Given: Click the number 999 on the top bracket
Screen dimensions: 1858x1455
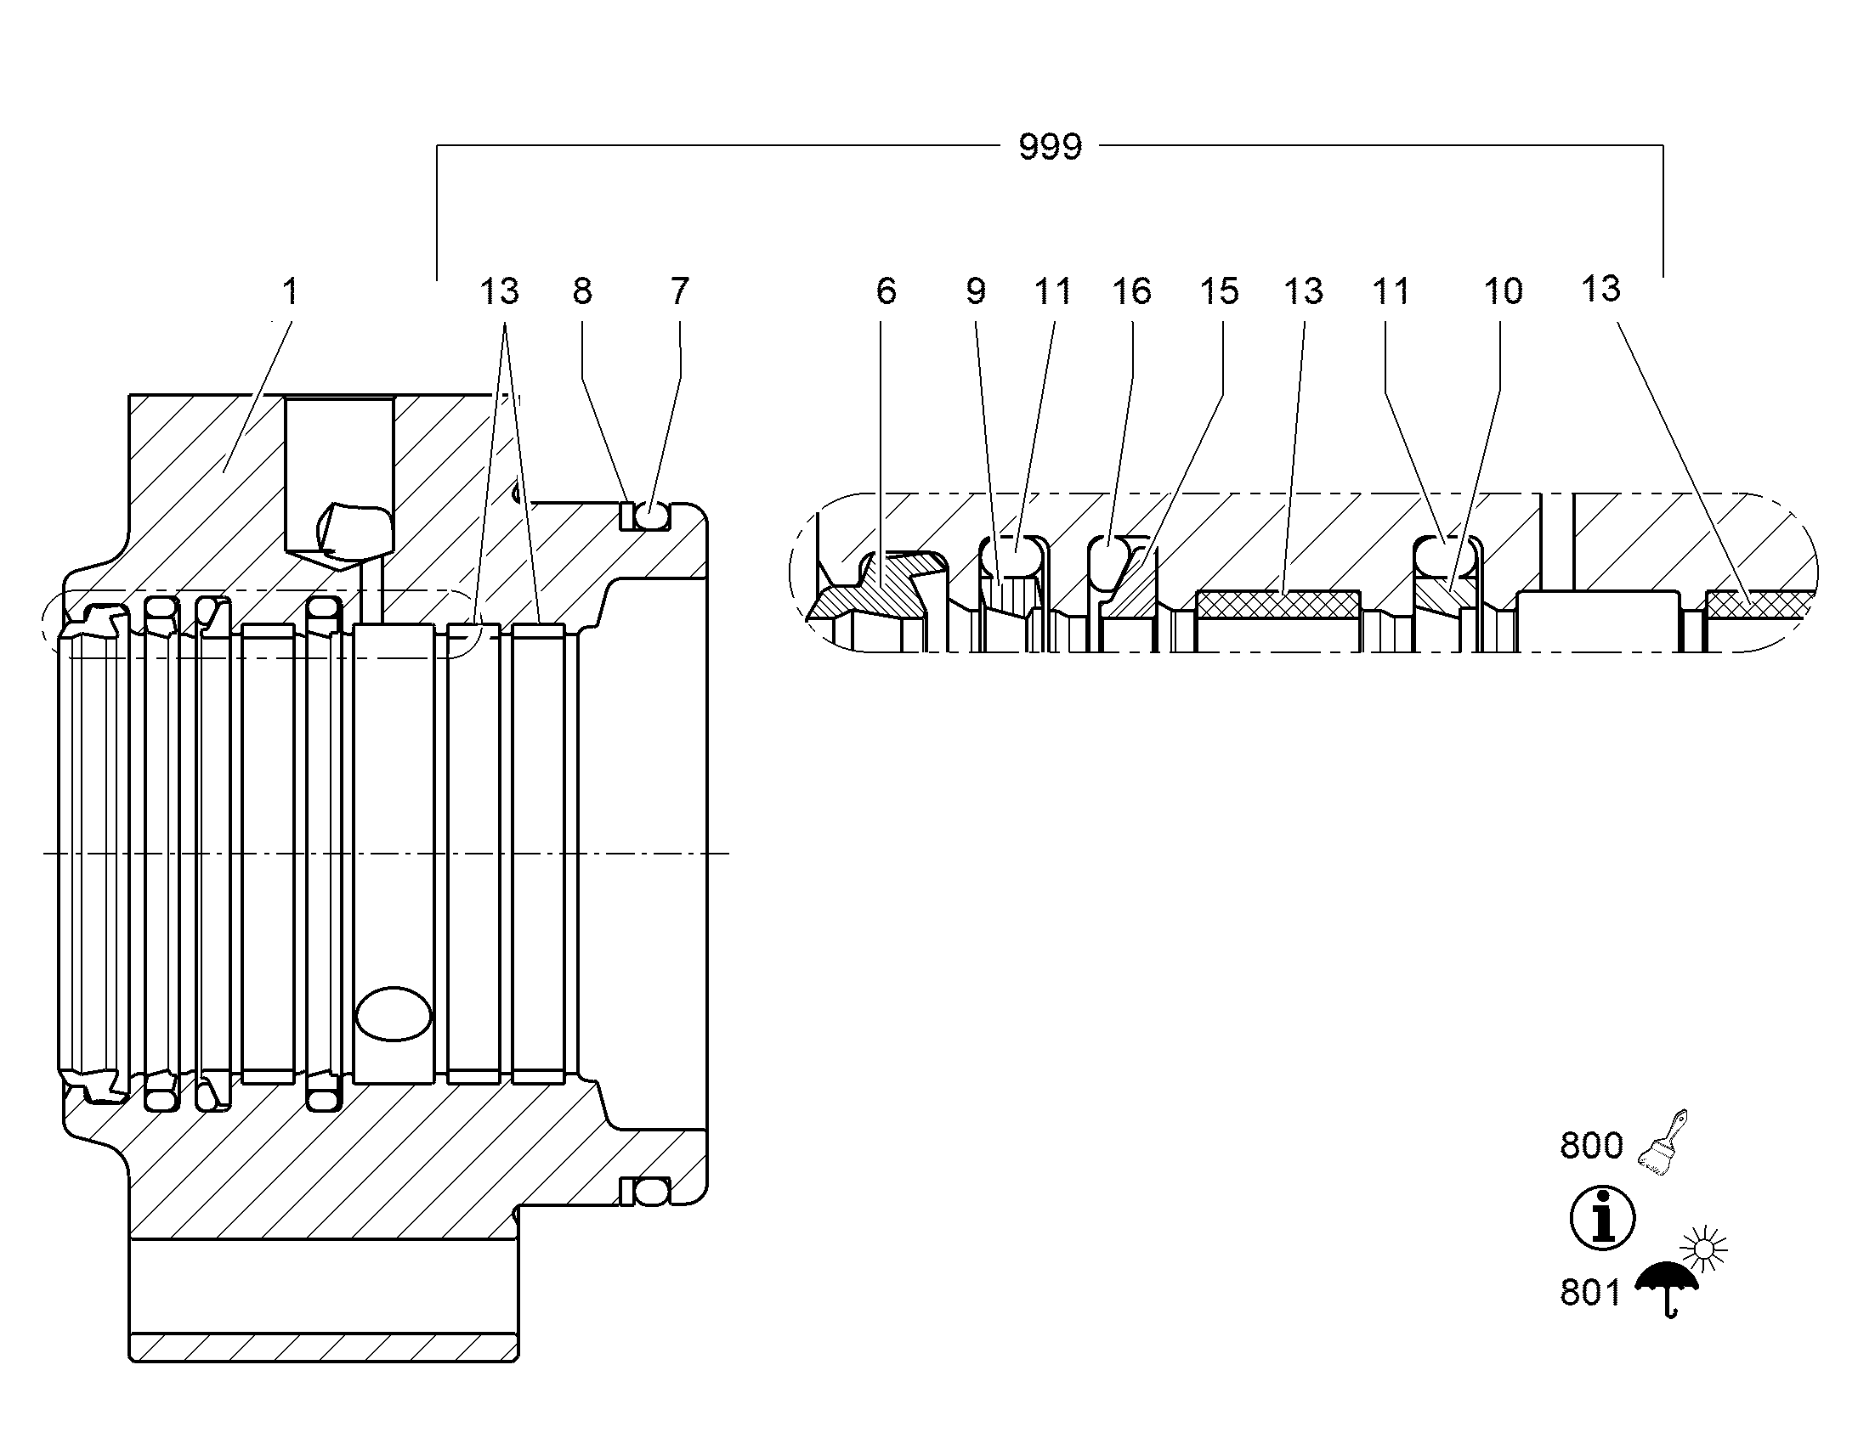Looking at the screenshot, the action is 1050,148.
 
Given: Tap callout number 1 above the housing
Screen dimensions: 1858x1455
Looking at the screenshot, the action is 290,291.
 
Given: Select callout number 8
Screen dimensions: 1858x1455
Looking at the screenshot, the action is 582,291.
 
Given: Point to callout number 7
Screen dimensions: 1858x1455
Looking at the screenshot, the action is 679,291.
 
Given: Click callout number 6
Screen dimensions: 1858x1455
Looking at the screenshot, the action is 887,291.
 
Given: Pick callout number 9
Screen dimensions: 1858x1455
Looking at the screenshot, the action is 977,291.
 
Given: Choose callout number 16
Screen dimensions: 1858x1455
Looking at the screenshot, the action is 1132,291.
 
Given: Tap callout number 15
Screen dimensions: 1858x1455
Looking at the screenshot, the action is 1219,291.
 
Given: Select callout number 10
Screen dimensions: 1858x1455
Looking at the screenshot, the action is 1504,291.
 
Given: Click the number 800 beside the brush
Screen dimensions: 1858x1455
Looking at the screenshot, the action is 1591,1146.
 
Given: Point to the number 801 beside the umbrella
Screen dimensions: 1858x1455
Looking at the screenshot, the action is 1590,1292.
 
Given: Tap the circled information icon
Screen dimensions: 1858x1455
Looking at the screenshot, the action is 1602,1218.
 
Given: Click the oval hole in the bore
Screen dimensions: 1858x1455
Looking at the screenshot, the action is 393,1013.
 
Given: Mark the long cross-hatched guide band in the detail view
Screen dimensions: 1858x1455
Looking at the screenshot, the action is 1277,605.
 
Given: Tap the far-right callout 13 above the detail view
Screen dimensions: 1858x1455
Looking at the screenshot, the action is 1600,290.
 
